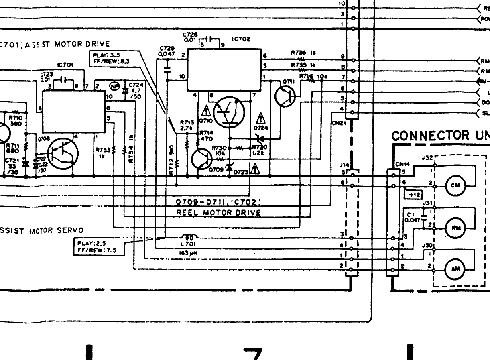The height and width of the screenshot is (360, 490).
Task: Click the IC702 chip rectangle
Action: point(223,70)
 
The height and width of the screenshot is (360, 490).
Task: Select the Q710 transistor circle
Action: point(229,113)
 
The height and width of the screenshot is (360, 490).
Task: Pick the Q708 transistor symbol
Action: point(63,153)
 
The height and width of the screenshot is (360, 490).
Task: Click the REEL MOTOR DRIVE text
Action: point(219,213)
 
